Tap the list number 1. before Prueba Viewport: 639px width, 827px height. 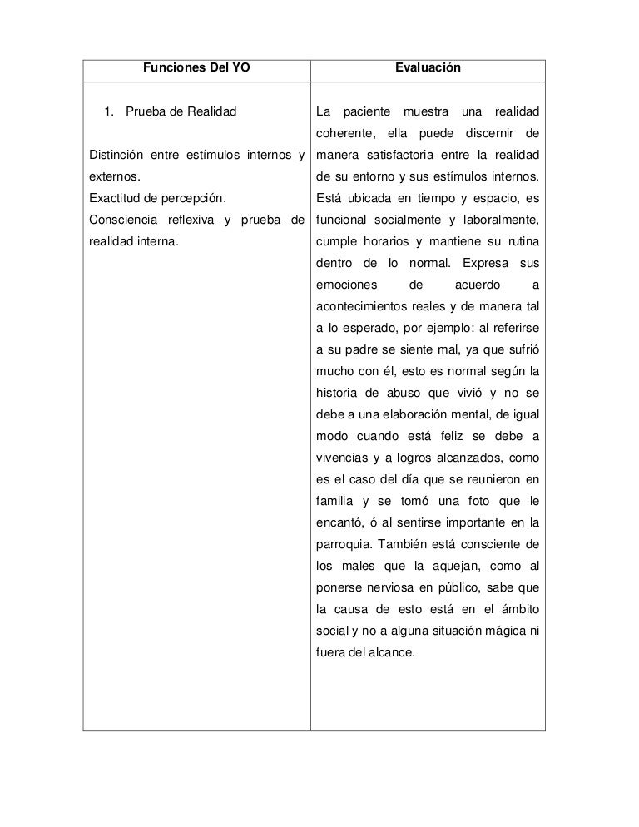click(107, 111)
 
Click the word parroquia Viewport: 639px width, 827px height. click(343, 545)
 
